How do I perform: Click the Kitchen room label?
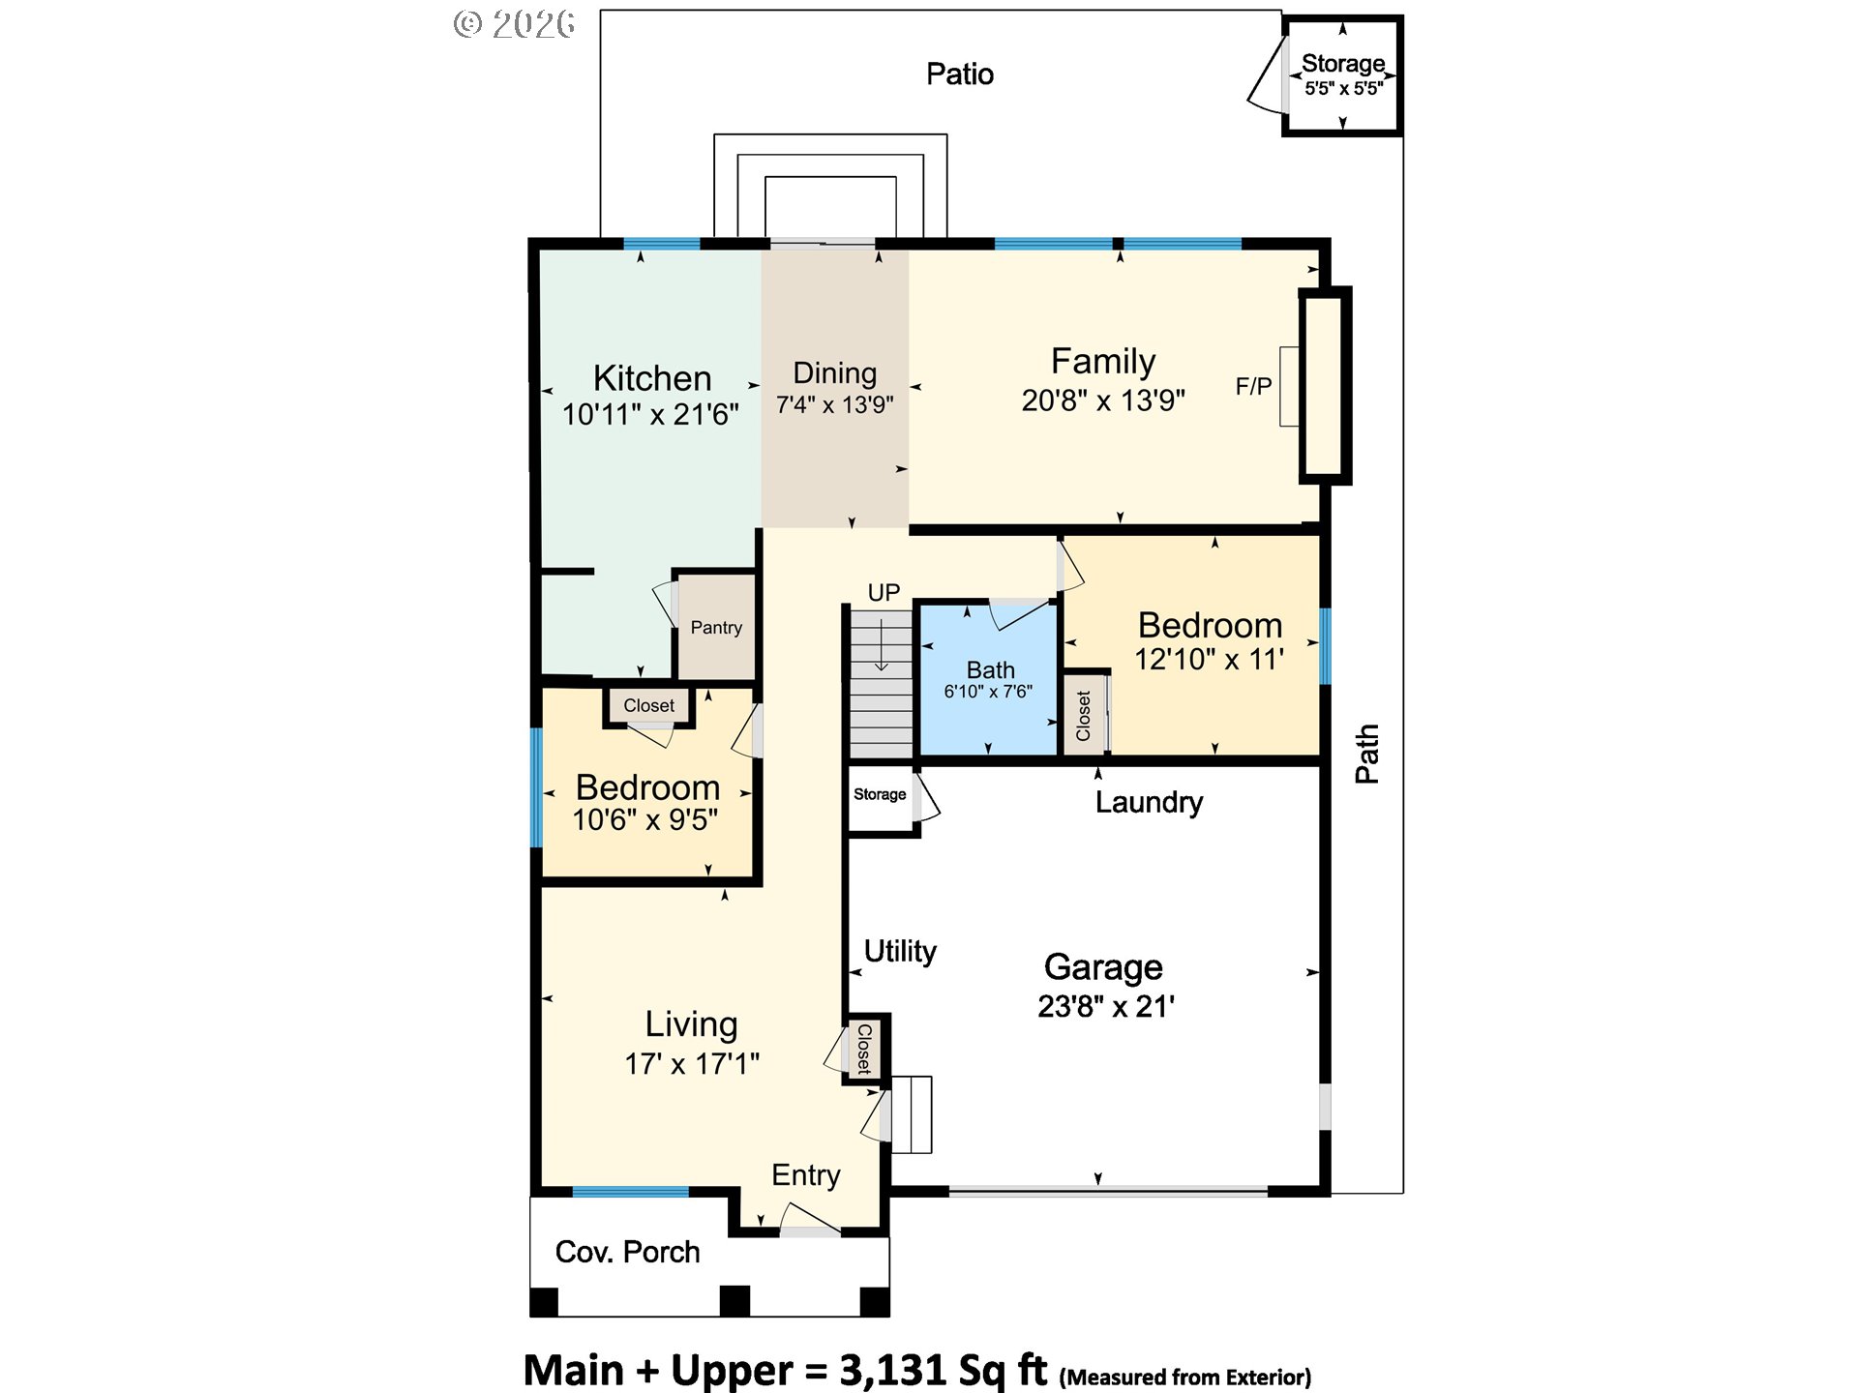tap(652, 378)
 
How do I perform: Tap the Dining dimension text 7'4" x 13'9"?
tap(834, 404)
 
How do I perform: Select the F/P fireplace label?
tap(1253, 387)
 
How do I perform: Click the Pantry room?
tap(716, 627)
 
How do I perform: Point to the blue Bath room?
tap(988, 679)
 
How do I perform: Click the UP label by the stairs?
tap(884, 592)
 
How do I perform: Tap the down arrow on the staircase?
tap(882, 644)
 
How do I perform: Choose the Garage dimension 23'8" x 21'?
tap(1106, 1006)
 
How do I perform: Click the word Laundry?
tap(1149, 802)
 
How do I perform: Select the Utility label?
tap(900, 951)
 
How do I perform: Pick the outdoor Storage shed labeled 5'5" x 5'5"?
tap(1342, 75)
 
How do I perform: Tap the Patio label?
tap(960, 74)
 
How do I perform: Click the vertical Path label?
tap(1366, 754)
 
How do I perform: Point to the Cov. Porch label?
tap(627, 1252)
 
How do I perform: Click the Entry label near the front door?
tap(806, 1175)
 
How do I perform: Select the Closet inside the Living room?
tap(864, 1049)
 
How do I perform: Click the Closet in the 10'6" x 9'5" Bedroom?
tap(648, 705)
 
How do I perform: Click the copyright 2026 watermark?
tap(515, 23)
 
